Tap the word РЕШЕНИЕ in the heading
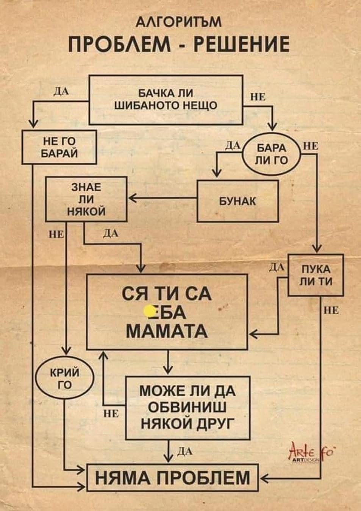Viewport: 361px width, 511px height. pos(242,45)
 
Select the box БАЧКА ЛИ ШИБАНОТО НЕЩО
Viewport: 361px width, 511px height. pos(166,100)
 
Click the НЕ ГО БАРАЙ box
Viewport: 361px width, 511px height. pos(59,147)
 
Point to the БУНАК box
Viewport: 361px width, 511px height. pos(238,201)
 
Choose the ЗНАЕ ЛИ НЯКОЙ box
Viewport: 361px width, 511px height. pos(86,199)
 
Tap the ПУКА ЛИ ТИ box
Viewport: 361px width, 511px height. pos(316,275)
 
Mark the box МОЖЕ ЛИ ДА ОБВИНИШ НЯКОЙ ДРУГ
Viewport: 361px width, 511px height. pos(188,408)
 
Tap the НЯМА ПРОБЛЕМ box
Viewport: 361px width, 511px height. pos(173,477)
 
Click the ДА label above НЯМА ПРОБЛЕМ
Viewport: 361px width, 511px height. pos(183,451)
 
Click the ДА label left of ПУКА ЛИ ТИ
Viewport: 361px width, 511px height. pos(276,268)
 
